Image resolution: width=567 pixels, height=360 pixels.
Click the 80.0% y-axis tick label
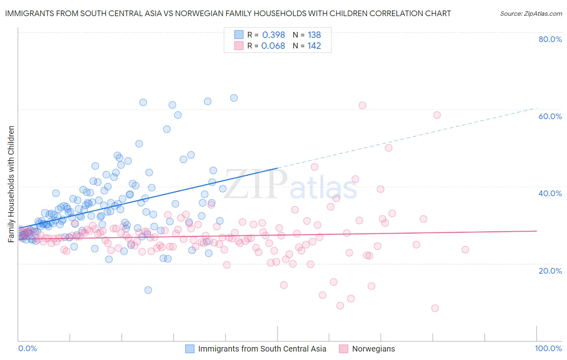(x=550, y=39)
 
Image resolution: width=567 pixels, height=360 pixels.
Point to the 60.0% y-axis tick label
(x=550, y=116)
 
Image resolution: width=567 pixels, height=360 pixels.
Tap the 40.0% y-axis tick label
(x=550, y=193)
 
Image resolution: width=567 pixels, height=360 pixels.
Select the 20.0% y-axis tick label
(x=550, y=270)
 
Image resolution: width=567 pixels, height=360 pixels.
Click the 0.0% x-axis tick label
(x=27, y=348)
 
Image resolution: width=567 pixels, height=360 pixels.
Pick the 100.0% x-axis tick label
(x=548, y=348)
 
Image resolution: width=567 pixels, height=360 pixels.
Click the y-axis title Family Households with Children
(x=11, y=184)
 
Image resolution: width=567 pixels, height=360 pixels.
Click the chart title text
(x=228, y=13)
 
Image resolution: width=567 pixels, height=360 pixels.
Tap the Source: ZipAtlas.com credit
(x=531, y=13)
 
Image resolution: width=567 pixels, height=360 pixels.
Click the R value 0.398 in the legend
(x=273, y=35)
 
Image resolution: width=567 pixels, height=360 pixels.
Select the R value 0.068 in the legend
(x=273, y=46)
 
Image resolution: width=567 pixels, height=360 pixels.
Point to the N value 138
(x=314, y=35)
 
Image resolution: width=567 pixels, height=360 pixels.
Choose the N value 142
(x=314, y=46)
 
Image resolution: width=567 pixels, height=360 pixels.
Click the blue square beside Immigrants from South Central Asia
(x=190, y=349)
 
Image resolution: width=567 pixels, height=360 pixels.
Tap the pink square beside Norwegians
(x=344, y=349)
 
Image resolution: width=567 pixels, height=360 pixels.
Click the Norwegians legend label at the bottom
(x=373, y=349)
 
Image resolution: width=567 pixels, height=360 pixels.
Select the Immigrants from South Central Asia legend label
(x=262, y=349)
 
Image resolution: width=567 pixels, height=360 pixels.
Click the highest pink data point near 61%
(x=362, y=105)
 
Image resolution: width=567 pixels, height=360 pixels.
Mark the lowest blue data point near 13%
(x=148, y=290)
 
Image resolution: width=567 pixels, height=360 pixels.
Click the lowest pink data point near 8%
(x=435, y=308)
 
